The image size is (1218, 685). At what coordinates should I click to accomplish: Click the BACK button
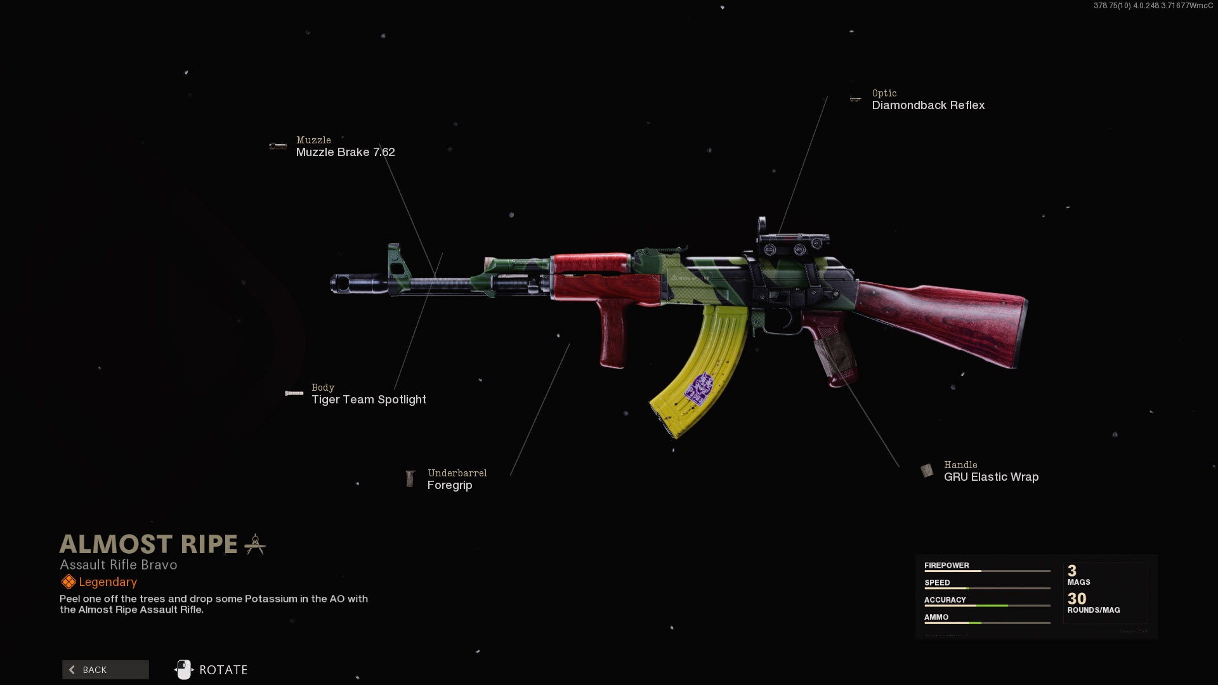105,670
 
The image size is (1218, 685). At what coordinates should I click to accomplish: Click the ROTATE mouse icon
184,670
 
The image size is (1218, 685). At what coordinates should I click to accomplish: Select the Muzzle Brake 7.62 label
345,152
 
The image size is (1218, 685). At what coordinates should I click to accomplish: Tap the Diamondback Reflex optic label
928,105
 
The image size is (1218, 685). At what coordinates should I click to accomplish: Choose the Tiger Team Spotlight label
369,400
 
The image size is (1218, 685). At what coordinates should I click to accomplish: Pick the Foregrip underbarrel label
450,485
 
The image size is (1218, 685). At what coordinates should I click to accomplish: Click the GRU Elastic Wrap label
991,477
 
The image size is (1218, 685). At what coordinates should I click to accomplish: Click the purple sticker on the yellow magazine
698,388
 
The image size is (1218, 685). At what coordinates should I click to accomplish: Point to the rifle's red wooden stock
945,320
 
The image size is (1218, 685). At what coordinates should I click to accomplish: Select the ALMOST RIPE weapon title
148,544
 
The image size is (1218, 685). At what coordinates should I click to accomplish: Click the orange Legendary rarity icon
69,582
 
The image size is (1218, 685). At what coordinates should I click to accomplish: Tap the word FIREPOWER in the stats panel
946,565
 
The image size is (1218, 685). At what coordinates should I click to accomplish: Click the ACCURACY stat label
945,599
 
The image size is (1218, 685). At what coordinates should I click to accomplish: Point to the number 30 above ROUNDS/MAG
1077,598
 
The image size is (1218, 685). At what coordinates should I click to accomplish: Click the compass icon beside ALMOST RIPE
255,544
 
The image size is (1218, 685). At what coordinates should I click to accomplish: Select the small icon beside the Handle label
927,471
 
